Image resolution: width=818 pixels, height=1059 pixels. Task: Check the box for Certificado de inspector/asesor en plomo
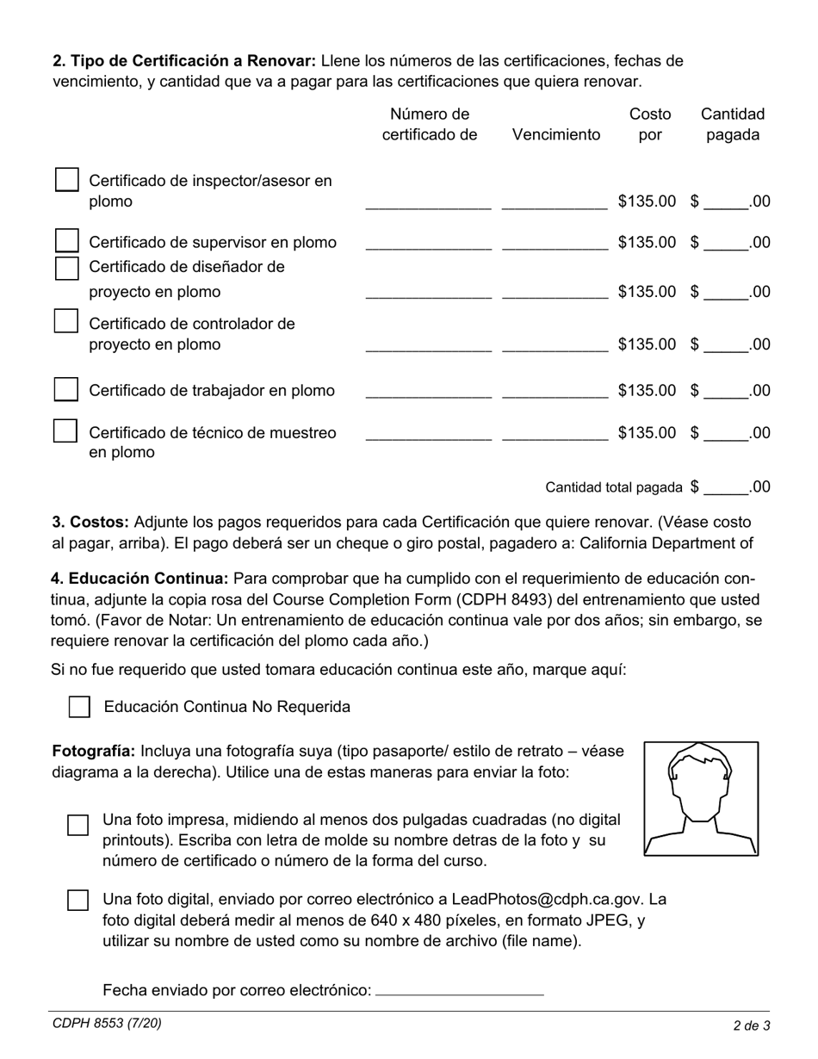(67, 180)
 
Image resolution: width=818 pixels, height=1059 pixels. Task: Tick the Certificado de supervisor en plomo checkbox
(67, 240)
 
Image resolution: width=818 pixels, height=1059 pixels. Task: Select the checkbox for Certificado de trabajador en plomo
(66, 389)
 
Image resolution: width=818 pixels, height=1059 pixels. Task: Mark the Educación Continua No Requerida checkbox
(79, 707)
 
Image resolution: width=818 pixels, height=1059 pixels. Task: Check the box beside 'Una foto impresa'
(78, 825)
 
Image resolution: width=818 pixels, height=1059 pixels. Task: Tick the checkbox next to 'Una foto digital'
(78, 901)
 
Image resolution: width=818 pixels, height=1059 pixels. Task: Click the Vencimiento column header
(556, 135)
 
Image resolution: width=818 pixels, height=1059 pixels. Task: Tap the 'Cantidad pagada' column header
(733, 125)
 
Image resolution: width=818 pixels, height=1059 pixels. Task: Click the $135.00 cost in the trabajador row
(648, 391)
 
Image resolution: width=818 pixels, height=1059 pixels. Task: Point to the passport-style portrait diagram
(701, 799)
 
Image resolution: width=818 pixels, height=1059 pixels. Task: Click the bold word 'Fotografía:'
(94, 751)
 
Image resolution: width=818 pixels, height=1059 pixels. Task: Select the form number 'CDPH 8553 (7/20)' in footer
(107, 1024)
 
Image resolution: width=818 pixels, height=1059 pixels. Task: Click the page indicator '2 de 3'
(751, 1025)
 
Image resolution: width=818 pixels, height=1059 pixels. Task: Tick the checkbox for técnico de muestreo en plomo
(66, 430)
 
